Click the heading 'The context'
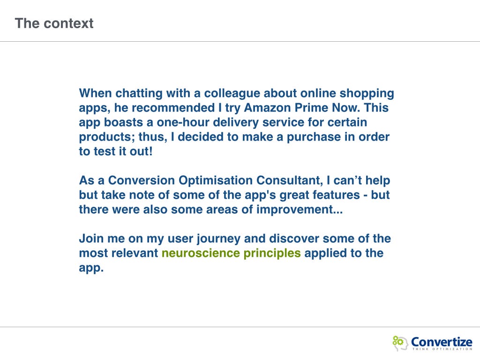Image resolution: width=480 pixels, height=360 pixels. pos(54,23)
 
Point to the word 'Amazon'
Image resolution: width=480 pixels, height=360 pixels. pos(267,108)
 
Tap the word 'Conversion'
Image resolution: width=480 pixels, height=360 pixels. pos(142,180)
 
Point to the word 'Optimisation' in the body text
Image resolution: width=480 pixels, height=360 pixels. pos(216,180)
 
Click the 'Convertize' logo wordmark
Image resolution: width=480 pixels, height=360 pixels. pos(442,342)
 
